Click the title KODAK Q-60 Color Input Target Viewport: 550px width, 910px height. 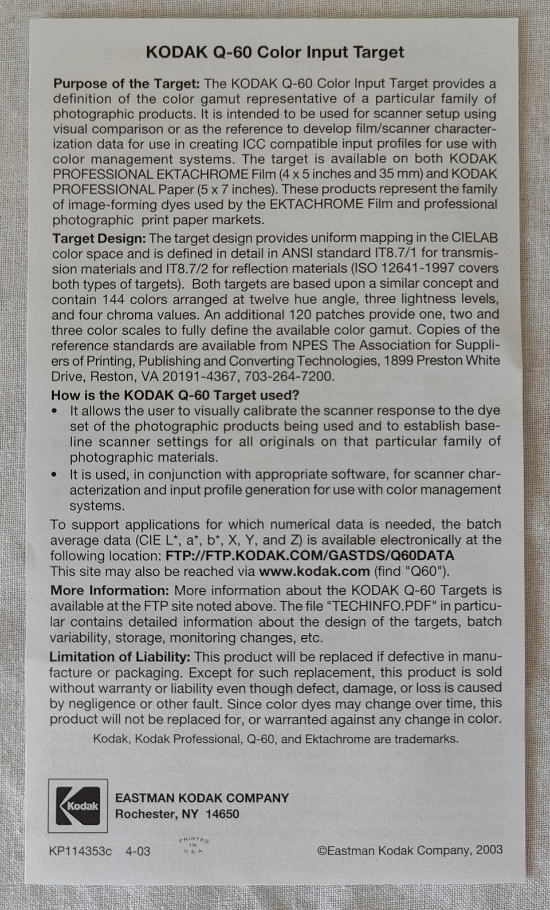pos(275,53)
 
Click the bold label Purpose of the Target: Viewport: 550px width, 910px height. pos(126,84)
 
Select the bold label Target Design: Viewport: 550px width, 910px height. pos(99,238)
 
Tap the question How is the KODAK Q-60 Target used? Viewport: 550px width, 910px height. pos(175,395)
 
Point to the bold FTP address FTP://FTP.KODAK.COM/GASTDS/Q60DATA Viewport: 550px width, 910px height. pos(309,555)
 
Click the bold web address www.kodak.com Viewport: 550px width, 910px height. pos(314,571)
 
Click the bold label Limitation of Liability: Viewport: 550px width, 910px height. pos(120,656)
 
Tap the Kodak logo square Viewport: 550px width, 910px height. pos(77,806)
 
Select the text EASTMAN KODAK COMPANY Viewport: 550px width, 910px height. pos(202,798)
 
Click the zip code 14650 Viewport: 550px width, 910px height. pos(222,814)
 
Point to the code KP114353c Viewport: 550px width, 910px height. pos(81,851)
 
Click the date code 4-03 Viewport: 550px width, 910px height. pos(137,851)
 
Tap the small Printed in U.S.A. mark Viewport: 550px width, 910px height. pos(194,845)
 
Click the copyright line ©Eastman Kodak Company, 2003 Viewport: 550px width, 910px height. pos(410,850)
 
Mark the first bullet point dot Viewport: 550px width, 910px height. pos(54,411)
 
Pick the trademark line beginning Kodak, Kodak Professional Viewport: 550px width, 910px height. pos(275,739)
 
